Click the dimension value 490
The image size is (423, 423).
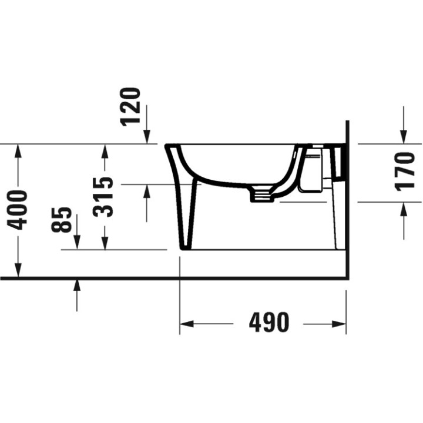coord(269,323)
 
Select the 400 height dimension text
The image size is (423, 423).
coord(18,209)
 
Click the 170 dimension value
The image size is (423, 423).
coord(405,172)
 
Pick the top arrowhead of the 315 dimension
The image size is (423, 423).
coord(105,150)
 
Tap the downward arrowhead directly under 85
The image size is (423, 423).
coord(76,243)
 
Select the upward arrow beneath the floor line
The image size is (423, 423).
coord(76,287)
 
